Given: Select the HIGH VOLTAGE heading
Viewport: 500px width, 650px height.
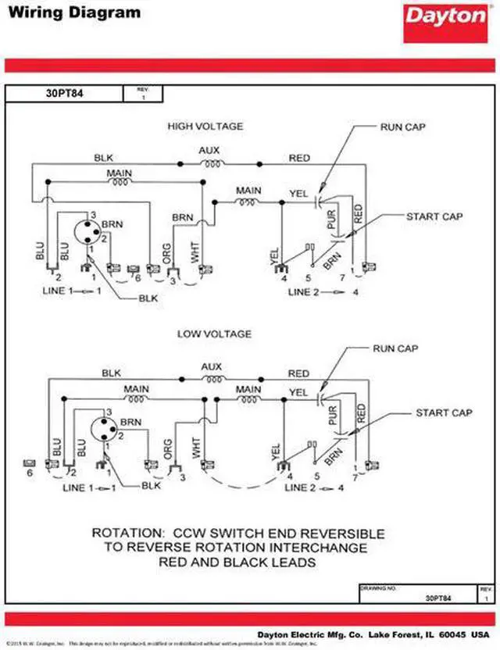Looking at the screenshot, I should point(205,126).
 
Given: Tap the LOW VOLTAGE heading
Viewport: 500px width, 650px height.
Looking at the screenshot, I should point(214,334).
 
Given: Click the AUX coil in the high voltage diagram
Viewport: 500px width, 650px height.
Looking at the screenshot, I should point(210,163).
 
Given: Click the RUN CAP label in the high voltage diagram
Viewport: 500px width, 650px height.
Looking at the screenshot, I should point(403,126).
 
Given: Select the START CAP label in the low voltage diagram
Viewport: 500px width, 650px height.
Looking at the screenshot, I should point(443,412).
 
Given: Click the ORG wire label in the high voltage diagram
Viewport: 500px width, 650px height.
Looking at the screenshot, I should point(167,253).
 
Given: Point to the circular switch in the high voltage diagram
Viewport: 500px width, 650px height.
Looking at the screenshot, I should point(87,231).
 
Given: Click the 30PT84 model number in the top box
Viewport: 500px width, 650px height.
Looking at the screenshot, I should point(64,94).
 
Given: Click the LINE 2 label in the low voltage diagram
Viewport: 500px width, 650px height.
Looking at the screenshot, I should point(300,488).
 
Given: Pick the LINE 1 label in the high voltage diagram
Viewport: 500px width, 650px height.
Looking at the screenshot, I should point(58,291).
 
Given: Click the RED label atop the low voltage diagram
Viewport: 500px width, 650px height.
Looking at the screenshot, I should point(298,373).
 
